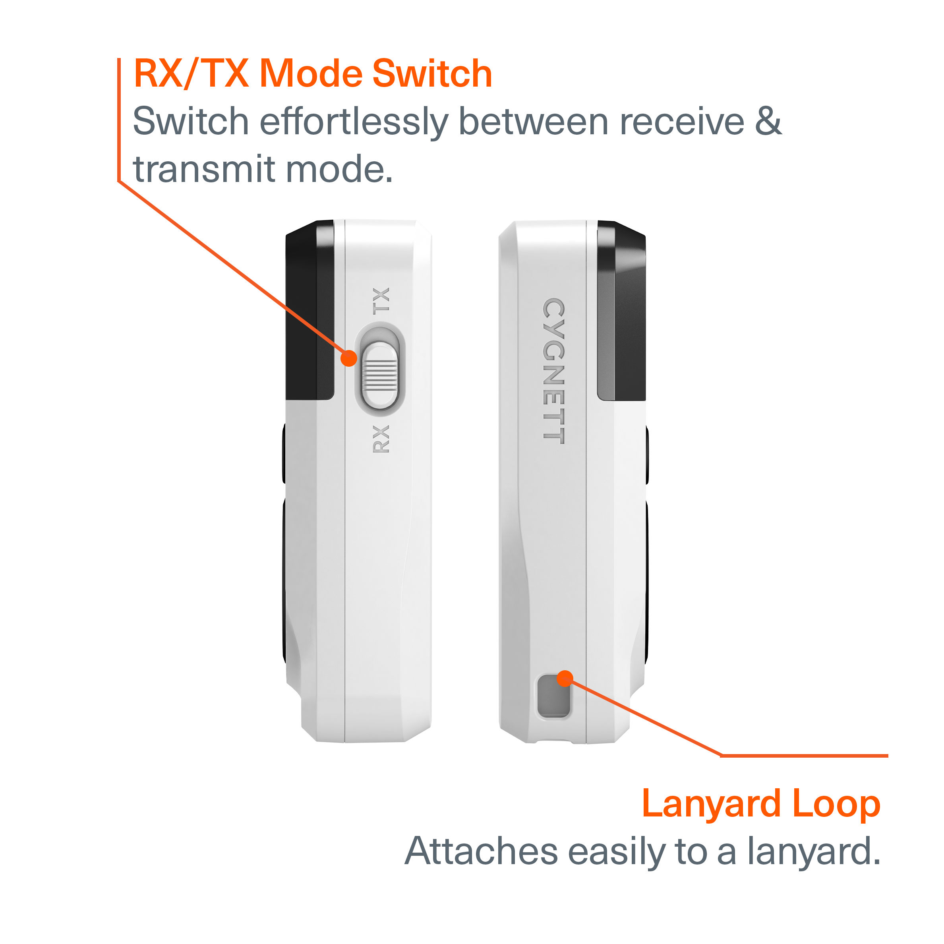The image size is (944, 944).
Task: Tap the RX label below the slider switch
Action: click(x=381, y=439)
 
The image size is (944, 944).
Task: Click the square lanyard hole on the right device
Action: click(x=553, y=696)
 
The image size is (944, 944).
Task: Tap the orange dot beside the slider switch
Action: click(x=349, y=358)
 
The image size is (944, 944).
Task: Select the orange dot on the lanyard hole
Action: click(x=565, y=678)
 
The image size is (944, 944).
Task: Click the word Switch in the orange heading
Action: click(x=432, y=74)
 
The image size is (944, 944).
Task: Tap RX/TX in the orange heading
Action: click(x=191, y=74)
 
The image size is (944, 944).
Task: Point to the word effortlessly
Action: click(x=354, y=122)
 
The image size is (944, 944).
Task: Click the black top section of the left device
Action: click(x=310, y=310)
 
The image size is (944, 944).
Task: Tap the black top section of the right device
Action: click(x=621, y=311)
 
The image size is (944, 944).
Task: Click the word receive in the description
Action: click(x=682, y=122)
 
